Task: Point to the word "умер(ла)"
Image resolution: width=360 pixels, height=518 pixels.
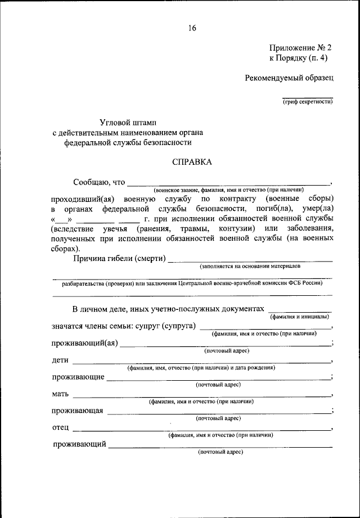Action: click(315, 208)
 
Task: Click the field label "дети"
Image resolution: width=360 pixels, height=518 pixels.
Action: click(60, 359)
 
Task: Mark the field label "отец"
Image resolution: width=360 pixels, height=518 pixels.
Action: click(60, 427)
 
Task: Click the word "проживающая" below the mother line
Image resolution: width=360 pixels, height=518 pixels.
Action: click(77, 411)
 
